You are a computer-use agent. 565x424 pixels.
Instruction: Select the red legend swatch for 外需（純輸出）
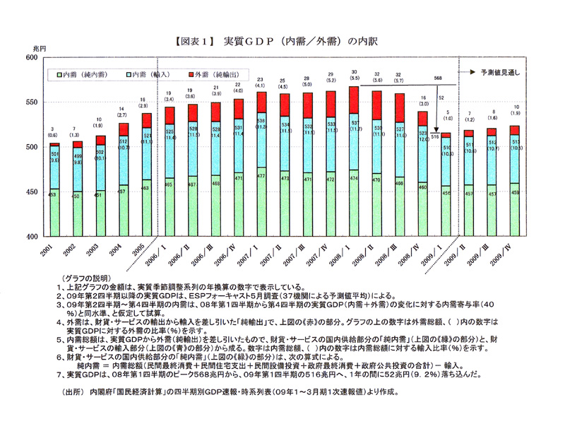[191, 73]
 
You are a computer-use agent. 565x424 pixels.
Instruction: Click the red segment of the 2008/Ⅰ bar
[353, 100]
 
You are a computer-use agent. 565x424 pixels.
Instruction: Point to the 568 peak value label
[438, 78]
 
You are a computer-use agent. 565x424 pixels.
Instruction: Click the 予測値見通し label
[505, 73]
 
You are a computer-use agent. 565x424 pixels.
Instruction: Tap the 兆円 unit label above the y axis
[39, 48]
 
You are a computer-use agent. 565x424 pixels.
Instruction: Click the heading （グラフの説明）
[84, 279]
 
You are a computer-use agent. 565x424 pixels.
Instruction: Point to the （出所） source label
[73, 390]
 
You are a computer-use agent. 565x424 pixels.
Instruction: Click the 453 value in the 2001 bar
[53, 194]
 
